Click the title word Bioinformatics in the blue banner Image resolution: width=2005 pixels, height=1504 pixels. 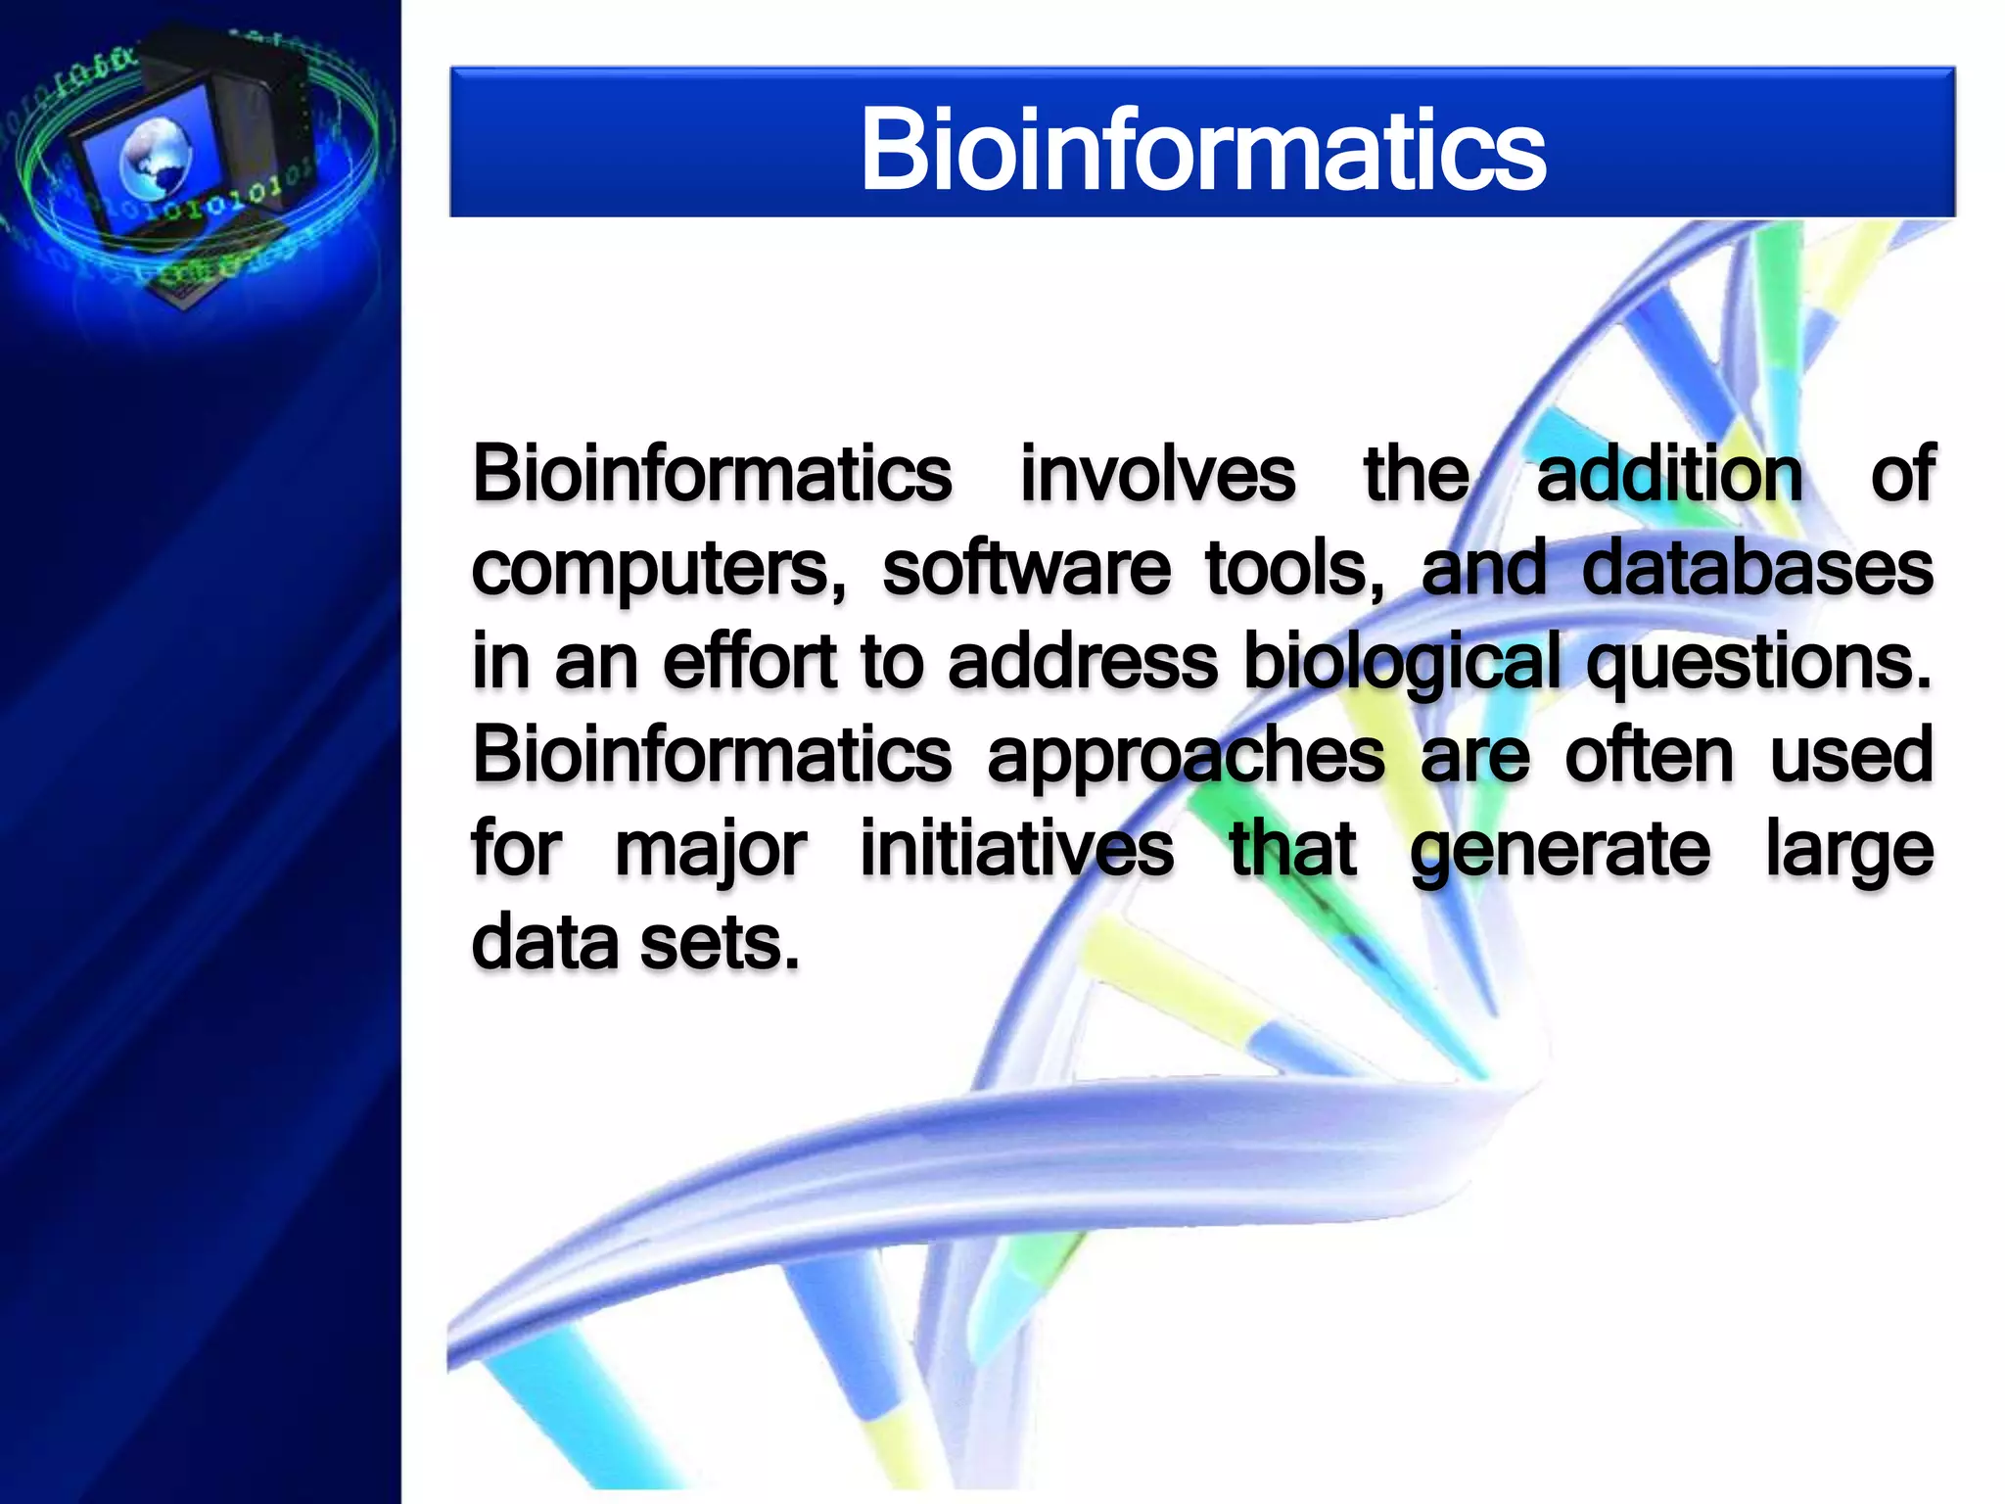point(1202,150)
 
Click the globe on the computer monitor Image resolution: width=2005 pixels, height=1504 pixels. point(155,157)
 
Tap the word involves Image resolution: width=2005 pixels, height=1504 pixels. point(1158,475)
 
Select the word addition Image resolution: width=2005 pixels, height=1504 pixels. point(1670,475)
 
